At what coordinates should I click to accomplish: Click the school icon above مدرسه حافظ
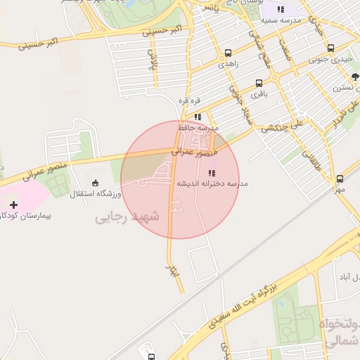198,117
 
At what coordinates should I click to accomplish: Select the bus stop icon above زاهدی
227,53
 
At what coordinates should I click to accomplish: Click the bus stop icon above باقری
259,82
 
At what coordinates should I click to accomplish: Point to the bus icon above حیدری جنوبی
330,48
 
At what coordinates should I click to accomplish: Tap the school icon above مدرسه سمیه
281,9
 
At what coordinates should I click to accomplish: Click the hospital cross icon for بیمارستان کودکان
13,205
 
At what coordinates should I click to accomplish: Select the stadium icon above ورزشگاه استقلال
96,183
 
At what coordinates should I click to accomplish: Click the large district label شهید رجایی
127,217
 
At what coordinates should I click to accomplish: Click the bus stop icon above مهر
340,179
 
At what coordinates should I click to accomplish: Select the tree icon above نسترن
355,77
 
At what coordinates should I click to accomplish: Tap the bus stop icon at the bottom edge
150,356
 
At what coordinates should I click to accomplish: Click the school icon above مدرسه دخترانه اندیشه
212,172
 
